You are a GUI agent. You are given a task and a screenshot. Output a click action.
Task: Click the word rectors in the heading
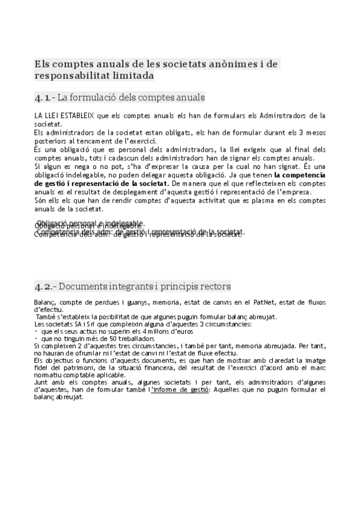[215, 287]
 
